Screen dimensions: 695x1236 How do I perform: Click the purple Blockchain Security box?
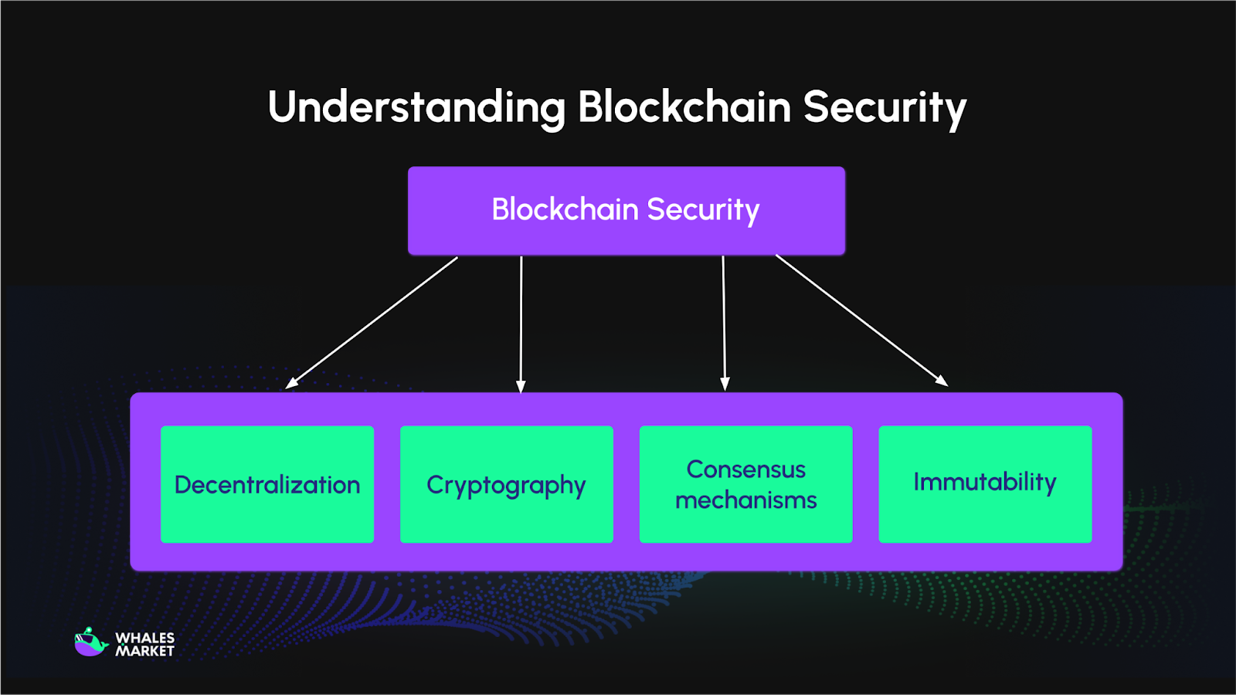626,211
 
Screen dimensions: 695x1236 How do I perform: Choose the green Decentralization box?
267,484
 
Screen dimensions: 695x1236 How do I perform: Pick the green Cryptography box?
507,484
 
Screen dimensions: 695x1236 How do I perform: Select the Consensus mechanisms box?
746,484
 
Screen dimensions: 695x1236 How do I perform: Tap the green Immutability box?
985,484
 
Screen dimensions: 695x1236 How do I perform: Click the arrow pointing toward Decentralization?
372,322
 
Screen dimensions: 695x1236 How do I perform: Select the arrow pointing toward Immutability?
861,320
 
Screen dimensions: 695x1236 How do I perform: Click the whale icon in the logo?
90,642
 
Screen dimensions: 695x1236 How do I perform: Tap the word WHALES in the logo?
145,638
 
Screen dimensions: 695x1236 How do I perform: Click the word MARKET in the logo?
145,651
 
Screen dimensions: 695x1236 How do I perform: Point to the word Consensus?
746,470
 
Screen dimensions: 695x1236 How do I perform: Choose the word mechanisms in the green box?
746,500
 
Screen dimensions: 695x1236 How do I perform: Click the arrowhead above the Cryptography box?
521,386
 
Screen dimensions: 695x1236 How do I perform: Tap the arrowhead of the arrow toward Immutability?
942,381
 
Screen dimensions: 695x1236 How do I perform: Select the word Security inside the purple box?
703,210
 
